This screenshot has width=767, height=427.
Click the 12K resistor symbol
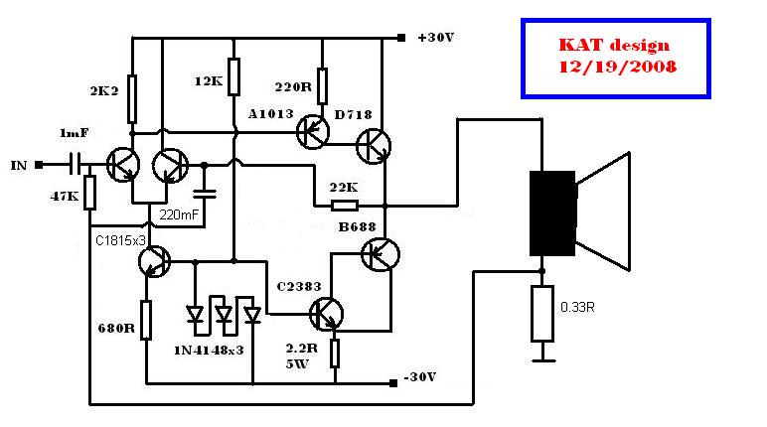click(x=233, y=75)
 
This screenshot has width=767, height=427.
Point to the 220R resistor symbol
click(x=323, y=84)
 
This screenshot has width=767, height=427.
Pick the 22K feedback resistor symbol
click(x=345, y=207)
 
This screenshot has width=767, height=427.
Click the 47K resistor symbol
click(x=89, y=193)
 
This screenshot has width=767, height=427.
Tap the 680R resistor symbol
click(x=146, y=321)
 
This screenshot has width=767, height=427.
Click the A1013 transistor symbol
click(x=315, y=130)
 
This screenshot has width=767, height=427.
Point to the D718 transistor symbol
click(x=375, y=147)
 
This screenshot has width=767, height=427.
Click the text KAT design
click(x=613, y=46)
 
